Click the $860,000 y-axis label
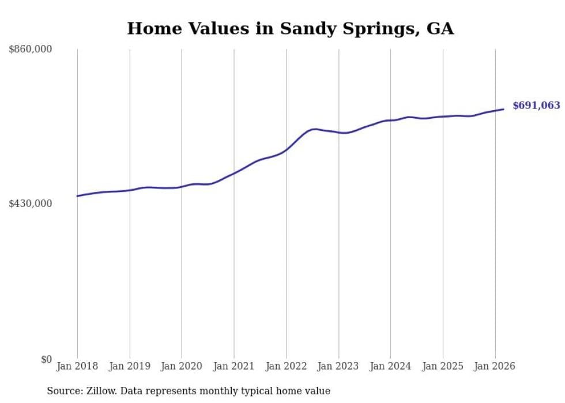[x=31, y=50]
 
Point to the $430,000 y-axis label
[x=31, y=204]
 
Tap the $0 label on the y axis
[x=46, y=359]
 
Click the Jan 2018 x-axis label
[x=77, y=366]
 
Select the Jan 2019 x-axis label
[x=130, y=366]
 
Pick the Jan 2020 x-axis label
[x=182, y=366]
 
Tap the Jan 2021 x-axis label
[x=234, y=366]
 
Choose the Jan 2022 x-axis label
[x=286, y=366]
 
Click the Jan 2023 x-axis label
[x=338, y=366]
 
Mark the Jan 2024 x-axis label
[x=390, y=366]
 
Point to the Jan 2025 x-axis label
[x=443, y=366]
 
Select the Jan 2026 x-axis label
[x=495, y=366]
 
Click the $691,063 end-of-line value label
[x=536, y=106]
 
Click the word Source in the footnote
[x=63, y=391]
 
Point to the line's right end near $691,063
[x=504, y=109]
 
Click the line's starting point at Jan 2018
[x=77, y=196]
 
